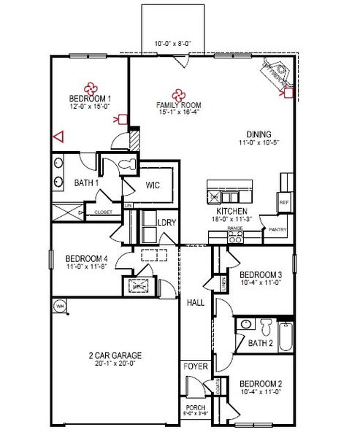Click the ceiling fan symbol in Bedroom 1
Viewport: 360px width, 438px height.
[91, 86]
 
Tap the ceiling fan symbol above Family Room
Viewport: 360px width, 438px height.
[177, 93]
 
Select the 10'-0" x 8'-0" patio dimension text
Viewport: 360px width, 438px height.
[172, 44]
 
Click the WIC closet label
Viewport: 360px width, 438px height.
[153, 185]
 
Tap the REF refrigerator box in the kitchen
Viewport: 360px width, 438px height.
[284, 201]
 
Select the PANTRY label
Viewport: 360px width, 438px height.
[277, 229]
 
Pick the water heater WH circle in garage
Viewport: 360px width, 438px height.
[59, 307]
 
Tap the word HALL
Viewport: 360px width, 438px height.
[195, 302]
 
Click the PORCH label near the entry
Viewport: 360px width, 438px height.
[194, 407]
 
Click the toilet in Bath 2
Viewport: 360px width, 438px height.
[266, 323]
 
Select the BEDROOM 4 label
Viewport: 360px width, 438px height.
[86, 258]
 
